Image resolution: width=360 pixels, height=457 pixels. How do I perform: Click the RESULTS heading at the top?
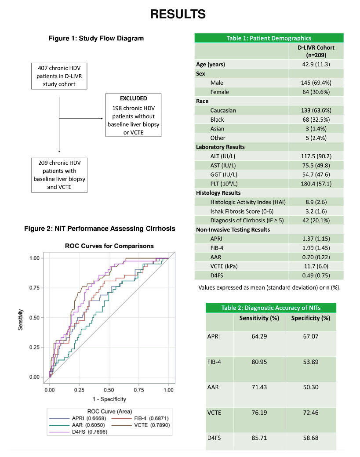click(x=178, y=14)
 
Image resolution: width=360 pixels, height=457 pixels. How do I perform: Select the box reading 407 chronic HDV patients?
click(x=59, y=76)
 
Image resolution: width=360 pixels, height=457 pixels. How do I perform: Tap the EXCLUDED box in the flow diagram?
click(x=133, y=115)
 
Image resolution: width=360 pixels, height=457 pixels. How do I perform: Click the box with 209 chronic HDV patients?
click(x=59, y=175)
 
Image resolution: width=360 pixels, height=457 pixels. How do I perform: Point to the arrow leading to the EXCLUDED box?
click(x=81, y=119)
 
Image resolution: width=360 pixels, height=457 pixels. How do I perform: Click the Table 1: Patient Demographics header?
click(x=269, y=38)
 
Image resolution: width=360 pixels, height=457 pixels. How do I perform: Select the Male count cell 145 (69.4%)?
click(x=316, y=83)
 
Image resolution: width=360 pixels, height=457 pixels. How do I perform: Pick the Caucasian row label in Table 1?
click(x=223, y=110)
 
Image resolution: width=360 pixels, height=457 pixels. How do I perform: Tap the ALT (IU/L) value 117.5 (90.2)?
click(x=316, y=156)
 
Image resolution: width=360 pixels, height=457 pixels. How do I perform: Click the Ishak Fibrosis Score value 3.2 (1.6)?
click(x=316, y=211)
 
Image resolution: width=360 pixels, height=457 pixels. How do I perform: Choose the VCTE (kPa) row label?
click(x=224, y=266)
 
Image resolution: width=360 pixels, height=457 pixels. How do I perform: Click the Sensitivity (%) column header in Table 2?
click(x=259, y=318)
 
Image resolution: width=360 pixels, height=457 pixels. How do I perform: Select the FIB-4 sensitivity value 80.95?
click(x=259, y=362)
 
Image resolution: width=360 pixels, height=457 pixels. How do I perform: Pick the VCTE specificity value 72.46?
click(x=311, y=413)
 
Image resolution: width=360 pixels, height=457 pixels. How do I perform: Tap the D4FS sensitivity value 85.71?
click(x=259, y=438)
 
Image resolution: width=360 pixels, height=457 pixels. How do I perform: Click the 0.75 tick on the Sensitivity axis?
click(x=34, y=288)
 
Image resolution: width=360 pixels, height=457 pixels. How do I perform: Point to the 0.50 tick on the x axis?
click(x=109, y=390)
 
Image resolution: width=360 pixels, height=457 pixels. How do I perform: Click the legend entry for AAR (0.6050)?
click(x=77, y=425)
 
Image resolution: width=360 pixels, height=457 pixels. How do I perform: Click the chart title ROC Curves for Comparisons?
click(x=109, y=246)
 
